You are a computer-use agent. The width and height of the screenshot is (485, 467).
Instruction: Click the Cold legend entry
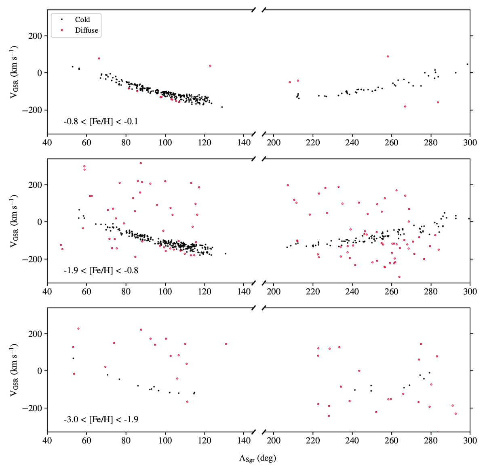pos(82,19)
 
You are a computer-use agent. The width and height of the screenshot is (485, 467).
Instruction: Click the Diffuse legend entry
pos(86,30)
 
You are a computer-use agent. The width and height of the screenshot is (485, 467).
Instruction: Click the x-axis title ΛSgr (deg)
pos(257,458)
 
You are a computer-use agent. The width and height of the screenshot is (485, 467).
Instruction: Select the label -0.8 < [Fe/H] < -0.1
pos(101,121)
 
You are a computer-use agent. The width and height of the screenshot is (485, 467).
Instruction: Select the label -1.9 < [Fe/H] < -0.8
pos(101,270)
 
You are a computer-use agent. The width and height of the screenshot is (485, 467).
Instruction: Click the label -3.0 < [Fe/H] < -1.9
pos(101,419)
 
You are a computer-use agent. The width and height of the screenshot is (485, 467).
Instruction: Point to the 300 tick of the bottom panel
pos(470,440)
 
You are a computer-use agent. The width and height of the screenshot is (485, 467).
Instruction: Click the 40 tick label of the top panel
pos(47,142)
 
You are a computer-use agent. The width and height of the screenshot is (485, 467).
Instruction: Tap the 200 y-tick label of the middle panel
pos(36,185)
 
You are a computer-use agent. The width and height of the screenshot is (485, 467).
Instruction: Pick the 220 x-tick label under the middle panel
pos(313,291)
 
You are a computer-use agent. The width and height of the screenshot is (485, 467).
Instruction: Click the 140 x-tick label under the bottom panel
pos(244,440)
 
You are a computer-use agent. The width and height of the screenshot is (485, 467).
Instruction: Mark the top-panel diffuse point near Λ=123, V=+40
pos(210,65)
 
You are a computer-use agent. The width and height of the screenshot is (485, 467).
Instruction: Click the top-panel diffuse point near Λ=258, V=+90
pos(388,57)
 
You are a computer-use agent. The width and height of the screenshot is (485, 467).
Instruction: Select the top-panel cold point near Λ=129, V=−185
pos(222,107)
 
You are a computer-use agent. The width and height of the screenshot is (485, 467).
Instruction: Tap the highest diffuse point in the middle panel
pos(141,163)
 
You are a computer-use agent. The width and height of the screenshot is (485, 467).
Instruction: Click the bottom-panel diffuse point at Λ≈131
pos(226,344)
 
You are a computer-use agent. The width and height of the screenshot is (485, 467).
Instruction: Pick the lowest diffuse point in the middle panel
pos(399,277)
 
